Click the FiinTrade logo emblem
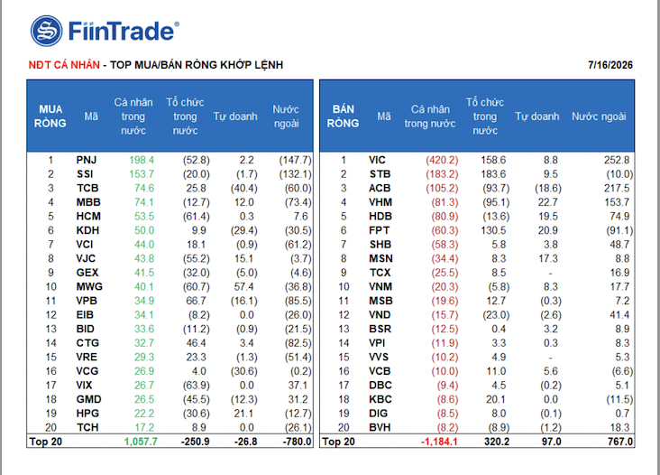pyautogui.click(x=47, y=31)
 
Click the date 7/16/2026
pyautogui.click(x=610, y=65)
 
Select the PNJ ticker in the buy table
pyautogui.click(x=87, y=160)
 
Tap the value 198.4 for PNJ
pyautogui.click(x=142, y=160)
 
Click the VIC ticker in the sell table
pyautogui.click(x=377, y=160)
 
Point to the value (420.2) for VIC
pyautogui.click(x=442, y=160)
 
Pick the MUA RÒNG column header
pyautogui.click(x=50, y=116)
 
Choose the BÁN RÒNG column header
pyautogui.click(x=343, y=116)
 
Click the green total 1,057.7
pyautogui.click(x=141, y=442)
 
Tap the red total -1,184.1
pyautogui.click(x=439, y=442)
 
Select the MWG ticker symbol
pyautogui.click(x=89, y=286)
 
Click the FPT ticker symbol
pyautogui.click(x=380, y=230)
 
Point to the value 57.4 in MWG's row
pyautogui.click(x=243, y=286)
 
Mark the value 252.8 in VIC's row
pyautogui.click(x=617, y=160)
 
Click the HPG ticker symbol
pyautogui.click(x=87, y=414)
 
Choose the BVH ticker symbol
pyautogui.click(x=380, y=427)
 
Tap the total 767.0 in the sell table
pyautogui.click(x=620, y=442)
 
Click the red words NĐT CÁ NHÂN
pyautogui.click(x=64, y=65)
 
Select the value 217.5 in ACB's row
pyautogui.click(x=617, y=189)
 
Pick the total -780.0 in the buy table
pyautogui.click(x=297, y=442)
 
